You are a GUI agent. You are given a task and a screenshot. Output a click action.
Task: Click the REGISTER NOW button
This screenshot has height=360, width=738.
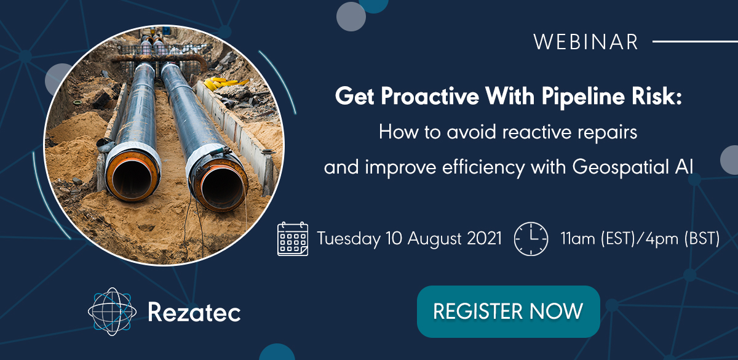click(509, 311)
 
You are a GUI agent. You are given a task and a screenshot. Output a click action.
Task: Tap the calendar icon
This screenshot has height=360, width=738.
click(293, 239)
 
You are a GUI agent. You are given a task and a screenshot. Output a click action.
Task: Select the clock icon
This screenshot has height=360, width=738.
click(531, 239)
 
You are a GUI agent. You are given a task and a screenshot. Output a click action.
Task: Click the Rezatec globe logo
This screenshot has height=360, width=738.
click(112, 311)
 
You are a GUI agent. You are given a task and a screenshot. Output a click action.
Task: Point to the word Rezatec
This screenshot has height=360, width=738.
click(194, 312)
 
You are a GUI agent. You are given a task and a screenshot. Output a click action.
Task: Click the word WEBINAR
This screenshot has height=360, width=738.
click(585, 42)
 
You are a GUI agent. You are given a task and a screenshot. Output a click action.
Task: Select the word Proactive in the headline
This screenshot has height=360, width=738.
click(430, 96)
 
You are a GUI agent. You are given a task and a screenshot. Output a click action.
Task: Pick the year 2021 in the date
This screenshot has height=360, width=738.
click(485, 238)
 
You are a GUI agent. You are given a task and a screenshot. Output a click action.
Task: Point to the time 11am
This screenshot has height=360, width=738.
click(579, 238)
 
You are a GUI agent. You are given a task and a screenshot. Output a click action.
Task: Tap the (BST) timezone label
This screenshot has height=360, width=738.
click(702, 238)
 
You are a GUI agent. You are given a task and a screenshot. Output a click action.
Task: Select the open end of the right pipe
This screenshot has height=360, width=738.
click(221, 187)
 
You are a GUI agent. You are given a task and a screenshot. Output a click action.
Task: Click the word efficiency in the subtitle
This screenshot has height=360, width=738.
click(483, 167)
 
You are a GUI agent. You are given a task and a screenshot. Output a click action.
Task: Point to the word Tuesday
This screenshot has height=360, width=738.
click(349, 239)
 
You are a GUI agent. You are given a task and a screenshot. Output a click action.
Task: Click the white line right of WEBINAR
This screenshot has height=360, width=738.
click(695, 42)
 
